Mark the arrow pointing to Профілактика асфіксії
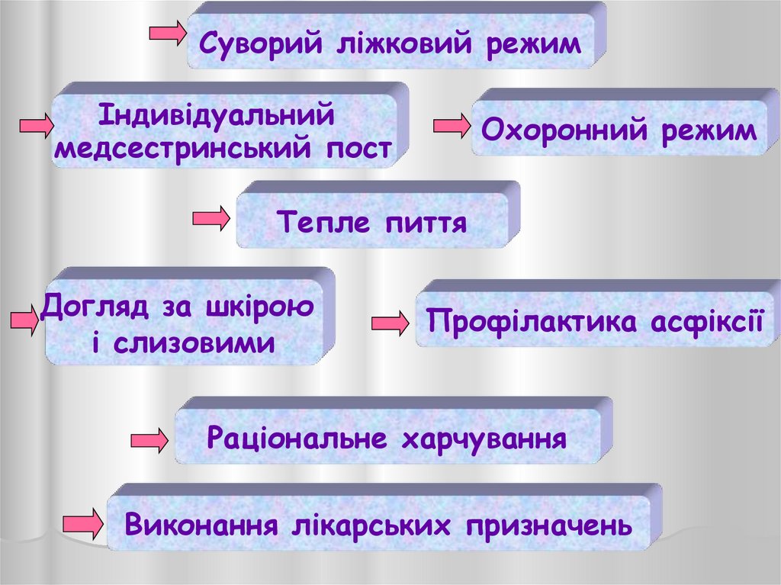pos(390,323)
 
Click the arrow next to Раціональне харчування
pos(149,441)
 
